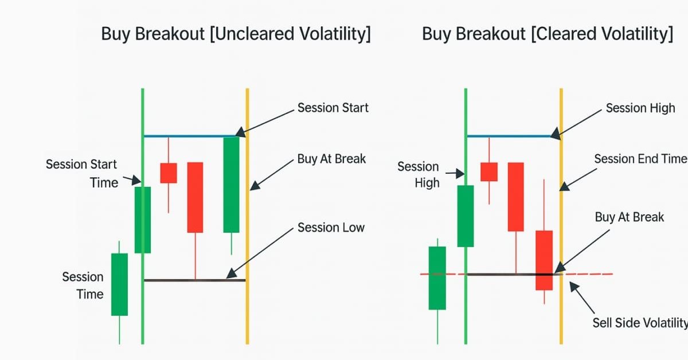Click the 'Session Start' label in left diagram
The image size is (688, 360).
(333, 108)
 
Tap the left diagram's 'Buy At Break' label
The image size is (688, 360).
(331, 159)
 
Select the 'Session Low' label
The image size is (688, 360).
(331, 228)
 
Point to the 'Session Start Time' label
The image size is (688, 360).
(81, 173)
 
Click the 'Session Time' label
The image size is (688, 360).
(83, 285)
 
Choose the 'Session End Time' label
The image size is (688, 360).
(639, 159)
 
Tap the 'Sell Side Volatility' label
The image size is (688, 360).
(639, 323)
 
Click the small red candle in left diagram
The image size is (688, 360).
(169, 173)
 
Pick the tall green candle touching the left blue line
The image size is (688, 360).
(231, 185)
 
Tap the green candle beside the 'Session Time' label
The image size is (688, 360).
(119, 284)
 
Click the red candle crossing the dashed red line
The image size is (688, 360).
(544, 260)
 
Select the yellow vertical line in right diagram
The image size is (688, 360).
(561, 229)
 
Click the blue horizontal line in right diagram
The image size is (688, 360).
(510, 136)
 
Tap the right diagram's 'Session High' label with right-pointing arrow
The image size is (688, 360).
(419, 174)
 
